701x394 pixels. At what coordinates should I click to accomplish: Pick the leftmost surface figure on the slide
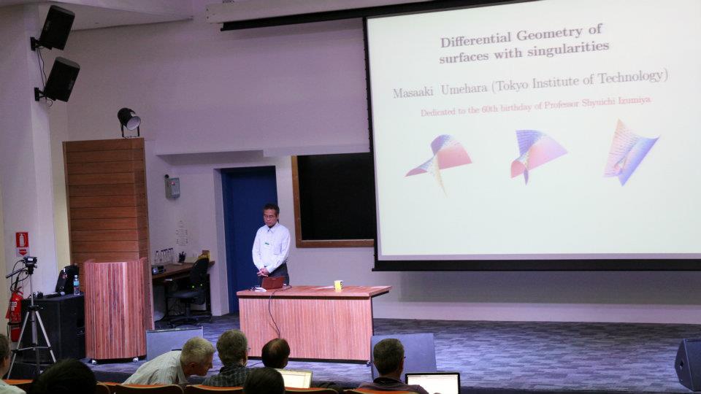pos(439,161)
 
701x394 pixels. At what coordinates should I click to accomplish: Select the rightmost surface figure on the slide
pos(630,152)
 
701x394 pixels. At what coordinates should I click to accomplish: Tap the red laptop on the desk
pos(272,283)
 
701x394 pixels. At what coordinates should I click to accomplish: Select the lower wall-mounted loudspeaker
pos(58,80)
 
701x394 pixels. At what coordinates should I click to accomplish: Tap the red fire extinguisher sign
pos(22,244)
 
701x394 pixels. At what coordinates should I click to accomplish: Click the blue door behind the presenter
pos(248,236)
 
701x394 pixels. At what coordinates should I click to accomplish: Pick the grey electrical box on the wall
pos(172,188)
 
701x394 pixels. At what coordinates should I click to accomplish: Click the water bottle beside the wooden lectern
pos(77,285)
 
